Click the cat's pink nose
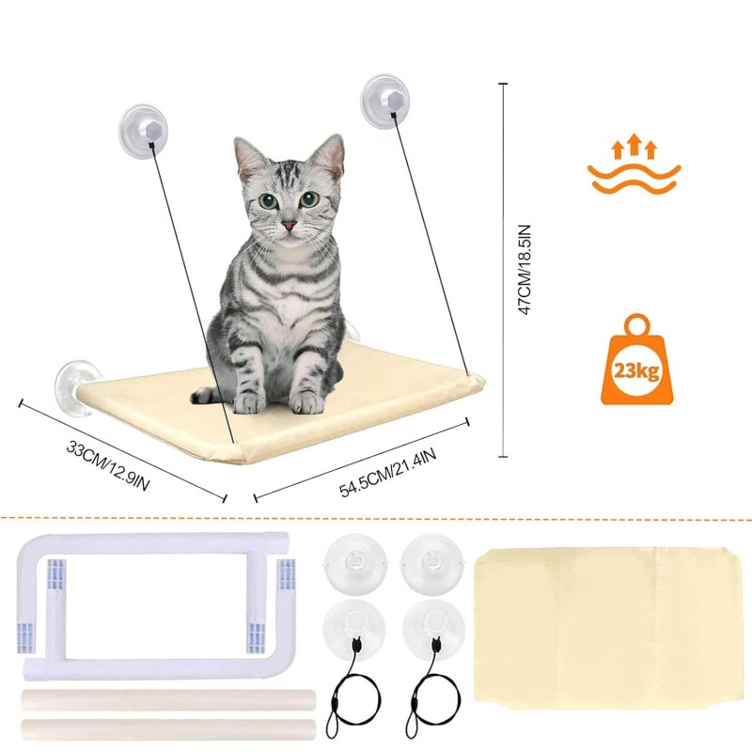point(289,225)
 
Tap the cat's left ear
point(249,156)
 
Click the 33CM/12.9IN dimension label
point(107,466)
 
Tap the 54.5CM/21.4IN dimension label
point(387,473)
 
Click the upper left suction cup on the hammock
point(144,130)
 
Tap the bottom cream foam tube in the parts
point(169,728)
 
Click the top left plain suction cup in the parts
point(355,563)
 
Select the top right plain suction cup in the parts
point(432,563)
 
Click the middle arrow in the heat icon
point(634,144)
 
